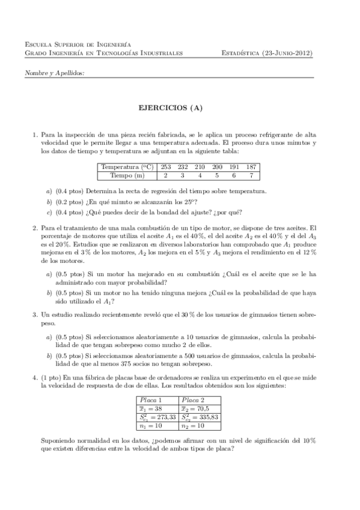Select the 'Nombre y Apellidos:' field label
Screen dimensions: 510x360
(54, 73)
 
